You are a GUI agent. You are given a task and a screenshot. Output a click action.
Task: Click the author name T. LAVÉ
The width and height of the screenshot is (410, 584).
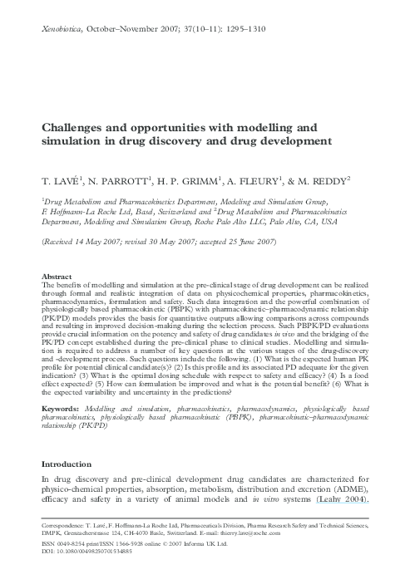(x=62, y=179)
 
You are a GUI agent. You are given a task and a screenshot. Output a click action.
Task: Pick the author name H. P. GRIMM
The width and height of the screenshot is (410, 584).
(x=195, y=179)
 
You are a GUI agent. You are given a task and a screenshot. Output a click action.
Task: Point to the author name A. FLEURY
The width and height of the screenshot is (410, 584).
(x=261, y=179)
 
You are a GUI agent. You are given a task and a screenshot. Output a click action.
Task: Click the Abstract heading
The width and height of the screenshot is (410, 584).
(x=57, y=275)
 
